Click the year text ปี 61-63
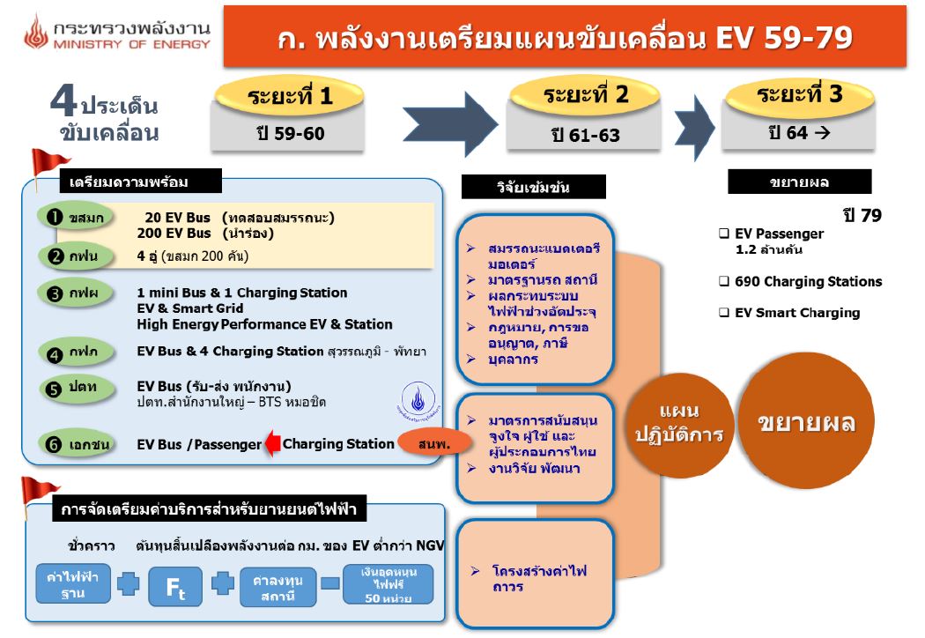(585, 136)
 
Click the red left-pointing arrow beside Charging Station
(272, 443)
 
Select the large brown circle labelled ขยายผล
(807, 421)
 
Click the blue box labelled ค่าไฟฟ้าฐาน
(74, 585)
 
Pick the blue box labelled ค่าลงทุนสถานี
(277, 586)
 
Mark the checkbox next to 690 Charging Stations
(723, 282)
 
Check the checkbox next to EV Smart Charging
(723, 313)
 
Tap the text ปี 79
(862, 215)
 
